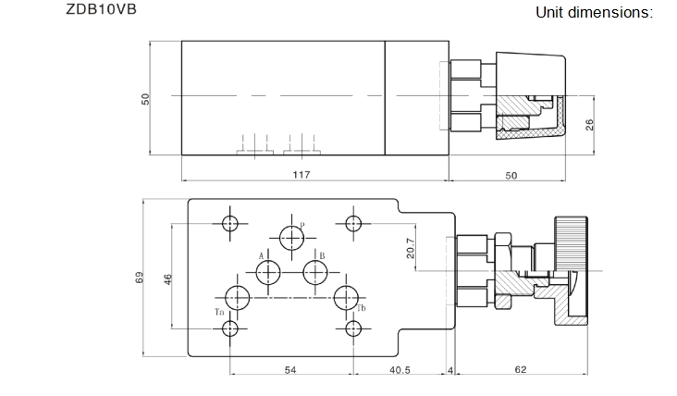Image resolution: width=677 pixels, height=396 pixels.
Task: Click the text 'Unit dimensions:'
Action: (x=595, y=12)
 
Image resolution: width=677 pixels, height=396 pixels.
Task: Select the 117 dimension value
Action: (x=301, y=174)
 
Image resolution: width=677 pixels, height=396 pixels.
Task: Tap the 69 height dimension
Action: (x=141, y=277)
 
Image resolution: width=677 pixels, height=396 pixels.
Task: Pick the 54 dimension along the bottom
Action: (x=290, y=369)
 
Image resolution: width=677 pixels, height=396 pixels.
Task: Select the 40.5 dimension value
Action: (x=400, y=369)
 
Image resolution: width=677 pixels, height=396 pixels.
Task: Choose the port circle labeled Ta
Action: (x=237, y=298)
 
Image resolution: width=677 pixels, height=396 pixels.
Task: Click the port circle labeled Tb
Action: (x=347, y=298)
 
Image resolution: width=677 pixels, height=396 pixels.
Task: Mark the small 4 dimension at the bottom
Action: (x=450, y=369)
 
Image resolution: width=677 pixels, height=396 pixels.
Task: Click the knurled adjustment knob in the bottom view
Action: (x=570, y=240)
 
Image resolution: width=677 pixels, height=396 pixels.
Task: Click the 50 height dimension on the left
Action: (x=145, y=99)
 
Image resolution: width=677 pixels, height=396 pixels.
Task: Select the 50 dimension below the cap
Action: (x=511, y=174)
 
